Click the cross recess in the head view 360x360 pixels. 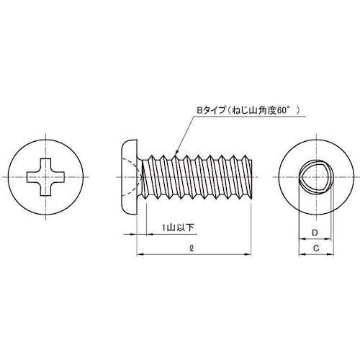(45, 176)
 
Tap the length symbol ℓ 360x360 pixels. (191, 247)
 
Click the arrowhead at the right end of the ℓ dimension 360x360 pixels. (247, 253)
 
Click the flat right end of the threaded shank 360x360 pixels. (249, 176)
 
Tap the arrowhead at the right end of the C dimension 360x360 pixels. (331, 253)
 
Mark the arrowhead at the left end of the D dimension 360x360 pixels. (302, 238)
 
